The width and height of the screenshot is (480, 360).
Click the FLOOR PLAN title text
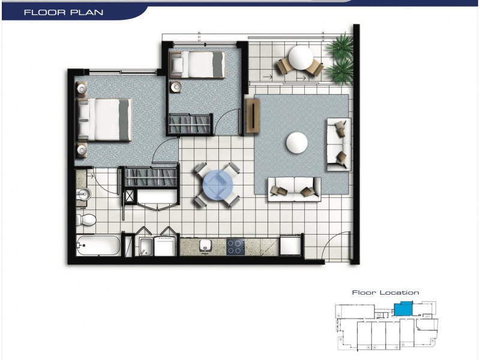(63, 12)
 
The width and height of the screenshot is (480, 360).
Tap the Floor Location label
(385, 293)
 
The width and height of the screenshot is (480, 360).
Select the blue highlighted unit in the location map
(403, 309)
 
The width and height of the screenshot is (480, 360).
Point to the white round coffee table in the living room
(298, 143)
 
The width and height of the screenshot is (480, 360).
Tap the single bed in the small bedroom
(198, 64)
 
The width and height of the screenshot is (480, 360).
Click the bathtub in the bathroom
(98, 246)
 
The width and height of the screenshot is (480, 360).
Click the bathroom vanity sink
(83, 195)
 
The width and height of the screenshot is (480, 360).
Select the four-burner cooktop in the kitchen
(235, 247)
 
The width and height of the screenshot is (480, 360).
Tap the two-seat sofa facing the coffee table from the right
(338, 144)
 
